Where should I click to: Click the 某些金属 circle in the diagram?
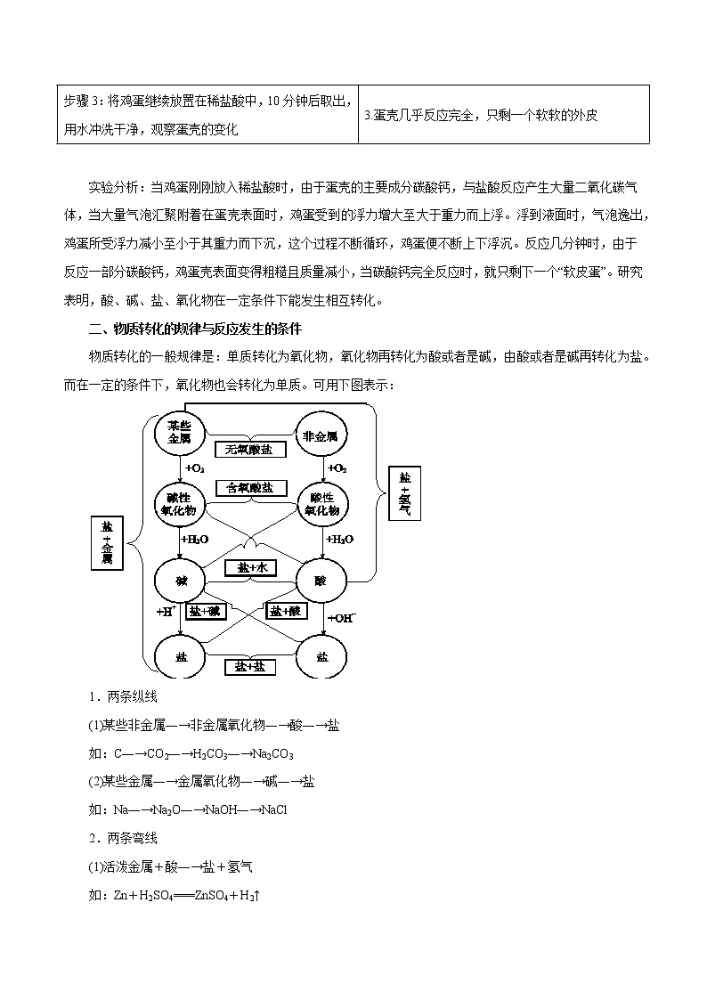tap(180, 433)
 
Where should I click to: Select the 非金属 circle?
tap(321, 435)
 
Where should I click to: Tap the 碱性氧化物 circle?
tap(180, 504)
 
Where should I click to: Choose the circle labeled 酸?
tap(321, 581)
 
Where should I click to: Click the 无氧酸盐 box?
tap(250, 450)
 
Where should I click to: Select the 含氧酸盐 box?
tap(250, 488)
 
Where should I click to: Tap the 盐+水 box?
tap(250, 567)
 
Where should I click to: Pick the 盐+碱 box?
tap(206, 611)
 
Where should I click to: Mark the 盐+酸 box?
tap(288, 611)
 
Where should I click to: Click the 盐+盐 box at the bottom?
tap(250, 666)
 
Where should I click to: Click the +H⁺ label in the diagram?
tap(166, 612)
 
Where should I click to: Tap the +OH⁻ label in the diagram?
tap(342, 617)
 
